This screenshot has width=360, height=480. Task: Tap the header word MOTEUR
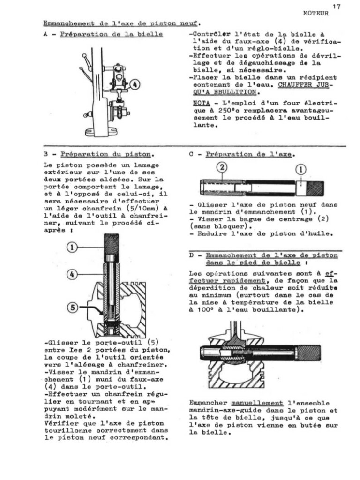click(316, 13)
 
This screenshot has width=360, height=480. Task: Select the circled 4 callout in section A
click(135, 85)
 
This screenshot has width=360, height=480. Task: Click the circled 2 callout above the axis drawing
click(222, 168)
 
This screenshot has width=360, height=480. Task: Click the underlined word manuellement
click(257, 403)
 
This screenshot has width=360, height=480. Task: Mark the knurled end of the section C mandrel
click(315, 188)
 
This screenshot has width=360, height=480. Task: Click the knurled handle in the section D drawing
click(309, 352)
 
